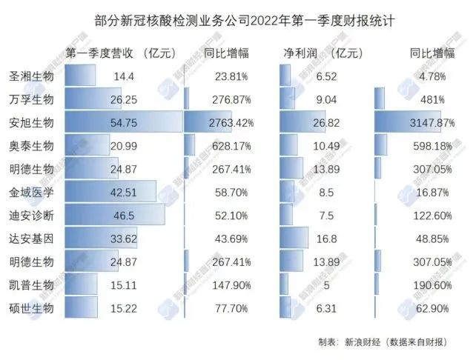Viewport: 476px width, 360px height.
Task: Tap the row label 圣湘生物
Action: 31,76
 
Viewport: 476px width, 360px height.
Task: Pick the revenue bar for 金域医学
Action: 110,192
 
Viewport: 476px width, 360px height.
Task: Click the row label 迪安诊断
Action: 31,215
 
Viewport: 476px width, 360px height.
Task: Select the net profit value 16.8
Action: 325,239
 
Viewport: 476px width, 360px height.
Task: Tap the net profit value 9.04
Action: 325,99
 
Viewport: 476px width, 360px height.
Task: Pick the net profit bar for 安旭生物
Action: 294,122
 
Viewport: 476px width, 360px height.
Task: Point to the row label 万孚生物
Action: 31,99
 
